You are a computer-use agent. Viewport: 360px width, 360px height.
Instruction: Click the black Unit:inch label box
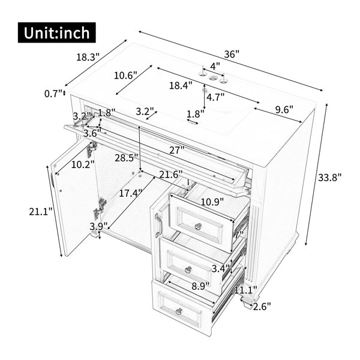pos(57,32)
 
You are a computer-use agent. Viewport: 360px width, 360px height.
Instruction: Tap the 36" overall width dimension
pos(232,54)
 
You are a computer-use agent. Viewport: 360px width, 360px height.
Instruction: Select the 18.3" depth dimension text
pos(88,57)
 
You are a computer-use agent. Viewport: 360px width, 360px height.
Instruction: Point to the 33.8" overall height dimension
pos(329,177)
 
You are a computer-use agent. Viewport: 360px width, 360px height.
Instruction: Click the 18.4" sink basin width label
pos(181,86)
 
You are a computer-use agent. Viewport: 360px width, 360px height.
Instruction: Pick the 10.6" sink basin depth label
pos(125,76)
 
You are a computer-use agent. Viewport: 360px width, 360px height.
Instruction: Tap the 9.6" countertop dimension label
pos(284,110)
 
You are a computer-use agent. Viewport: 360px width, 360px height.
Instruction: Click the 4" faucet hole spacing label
pos(215,66)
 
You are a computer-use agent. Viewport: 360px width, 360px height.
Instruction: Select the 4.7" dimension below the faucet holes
pos(215,97)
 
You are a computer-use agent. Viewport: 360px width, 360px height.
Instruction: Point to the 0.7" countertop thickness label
pos(53,94)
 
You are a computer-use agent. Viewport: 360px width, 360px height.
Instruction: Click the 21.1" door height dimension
pos(41,211)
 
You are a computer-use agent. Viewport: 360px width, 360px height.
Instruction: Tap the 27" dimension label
pos(177,150)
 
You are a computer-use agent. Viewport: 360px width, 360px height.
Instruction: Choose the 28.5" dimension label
pos(127,158)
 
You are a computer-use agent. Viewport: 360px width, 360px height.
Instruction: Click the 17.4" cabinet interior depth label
pos(130,193)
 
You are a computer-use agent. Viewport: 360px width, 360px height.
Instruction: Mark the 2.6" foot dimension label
pos(262,307)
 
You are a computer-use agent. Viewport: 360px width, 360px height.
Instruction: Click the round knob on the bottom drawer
pos(179,311)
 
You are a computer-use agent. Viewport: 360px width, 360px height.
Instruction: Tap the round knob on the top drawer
pos(198,227)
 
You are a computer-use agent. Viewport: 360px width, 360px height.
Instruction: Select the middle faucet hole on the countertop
pos(213,77)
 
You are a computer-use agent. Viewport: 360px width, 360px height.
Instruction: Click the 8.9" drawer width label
pos(200,286)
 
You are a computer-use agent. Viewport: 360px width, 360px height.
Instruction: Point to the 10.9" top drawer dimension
pos(212,202)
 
